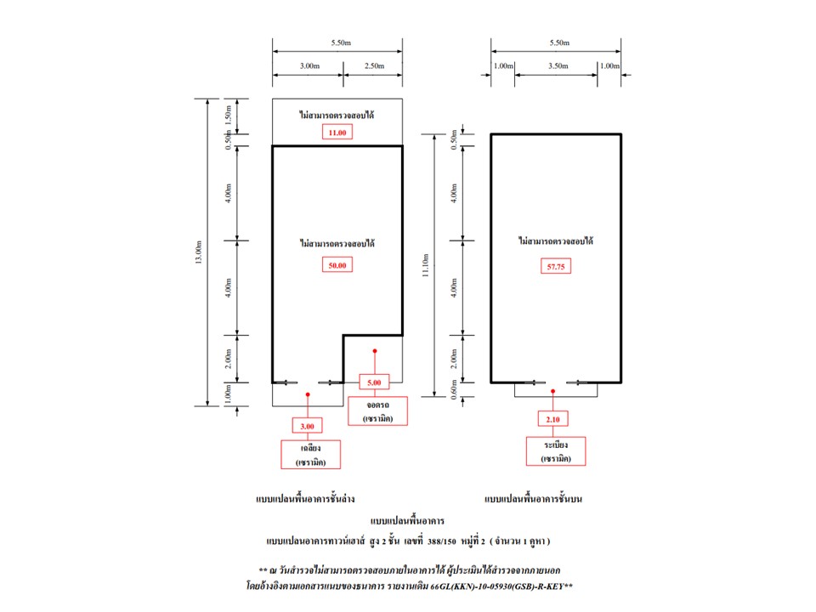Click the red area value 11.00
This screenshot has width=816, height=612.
[x=337, y=133]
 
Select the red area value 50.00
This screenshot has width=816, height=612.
[x=337, y=265]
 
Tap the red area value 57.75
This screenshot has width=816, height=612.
[x=556, y=266]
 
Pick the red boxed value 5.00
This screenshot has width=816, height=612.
[x=374, y=382]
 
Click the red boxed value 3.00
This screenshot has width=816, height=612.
[x=307, y=426]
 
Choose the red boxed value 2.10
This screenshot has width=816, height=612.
[x=552, y=419]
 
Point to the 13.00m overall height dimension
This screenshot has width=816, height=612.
[x=198, y=252]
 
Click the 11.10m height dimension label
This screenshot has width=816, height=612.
[x=425, y=265]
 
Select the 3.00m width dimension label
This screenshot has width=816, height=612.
[x=309, y=66]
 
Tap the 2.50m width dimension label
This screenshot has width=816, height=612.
[x=374, y=66]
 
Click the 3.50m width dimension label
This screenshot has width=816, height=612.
[x=558, y=66]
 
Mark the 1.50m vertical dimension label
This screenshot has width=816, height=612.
[x=228, y=116]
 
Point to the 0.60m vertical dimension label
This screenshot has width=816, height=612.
[x=454, y=390]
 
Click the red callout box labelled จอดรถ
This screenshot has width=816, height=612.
[x=377, y=411]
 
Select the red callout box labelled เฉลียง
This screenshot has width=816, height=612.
[x=311, y=454]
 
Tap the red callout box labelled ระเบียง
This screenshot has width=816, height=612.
[x=556, y=451]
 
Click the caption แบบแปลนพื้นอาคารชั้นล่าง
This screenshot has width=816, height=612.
[x=305, y=499]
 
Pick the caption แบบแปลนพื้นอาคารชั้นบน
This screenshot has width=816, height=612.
[x=534, y=499]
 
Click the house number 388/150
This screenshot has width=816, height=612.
[x=441, y=541]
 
